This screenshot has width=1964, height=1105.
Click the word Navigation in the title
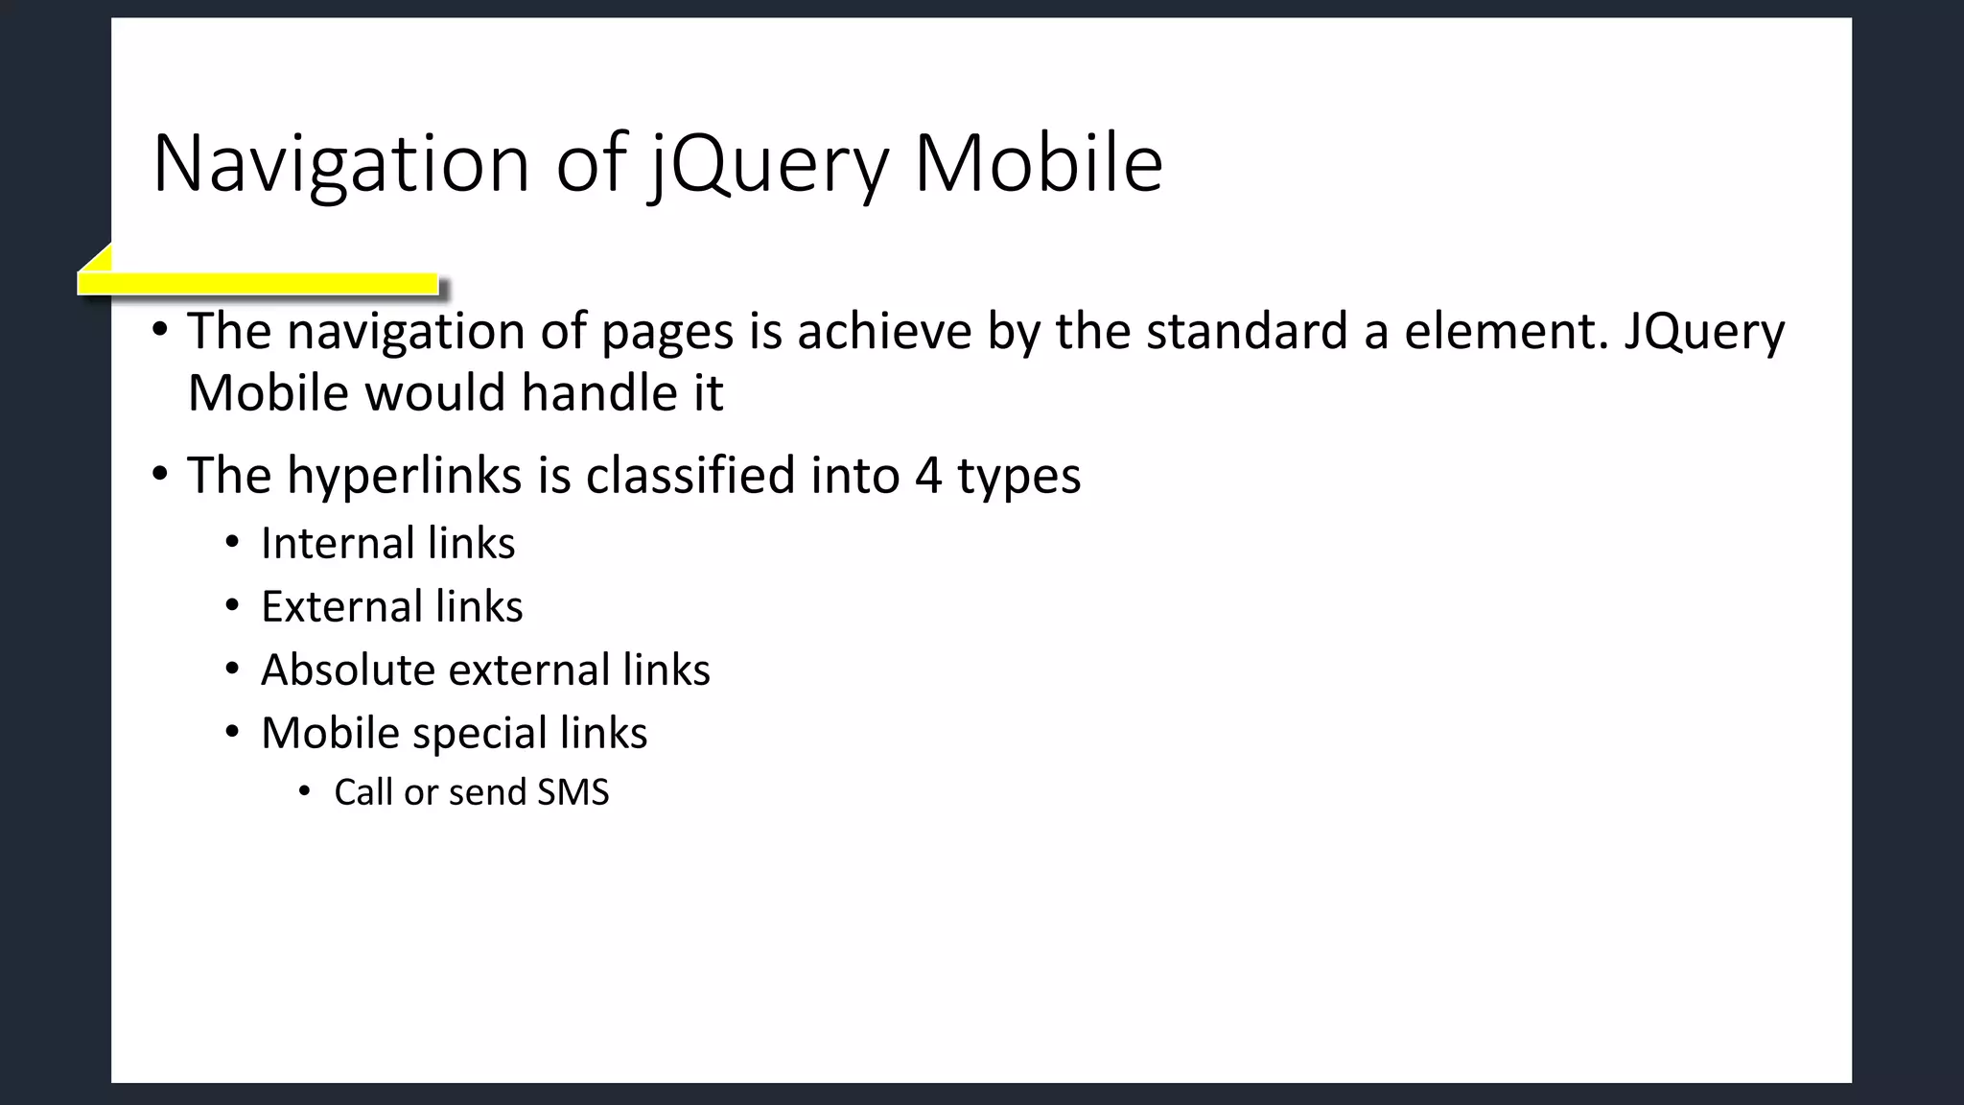(340, 164)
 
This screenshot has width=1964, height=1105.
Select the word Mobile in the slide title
(1038, 164)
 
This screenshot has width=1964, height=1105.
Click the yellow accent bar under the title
(258, 283)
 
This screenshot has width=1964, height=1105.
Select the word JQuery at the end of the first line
(1703, 333)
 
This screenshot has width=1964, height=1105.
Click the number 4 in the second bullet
(927, 477)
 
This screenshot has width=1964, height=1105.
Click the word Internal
(337, 543)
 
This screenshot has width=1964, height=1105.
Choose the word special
(479, 734)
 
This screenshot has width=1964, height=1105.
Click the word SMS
(573, 792)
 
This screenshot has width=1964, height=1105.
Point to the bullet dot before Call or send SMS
(305, 792)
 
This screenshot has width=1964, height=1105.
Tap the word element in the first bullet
(1506, 331)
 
